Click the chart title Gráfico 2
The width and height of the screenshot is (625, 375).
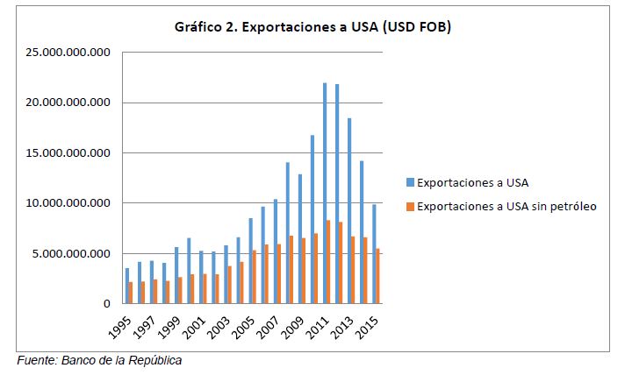click(312, 28)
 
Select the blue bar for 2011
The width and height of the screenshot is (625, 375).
click(325, 194)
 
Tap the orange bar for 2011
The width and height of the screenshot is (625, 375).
click(329, 262)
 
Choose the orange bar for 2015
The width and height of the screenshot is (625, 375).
click(378, 276)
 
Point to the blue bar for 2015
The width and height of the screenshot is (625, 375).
click(374, 254)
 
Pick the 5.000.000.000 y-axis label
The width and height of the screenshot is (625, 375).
click(70, 254)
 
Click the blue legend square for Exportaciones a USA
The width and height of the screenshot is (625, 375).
click(410, 183)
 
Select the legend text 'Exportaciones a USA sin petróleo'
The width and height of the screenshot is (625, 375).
click(506, 207)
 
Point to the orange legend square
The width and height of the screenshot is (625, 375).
click(410, 207)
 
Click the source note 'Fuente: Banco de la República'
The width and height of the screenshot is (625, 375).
click(99, 360)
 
